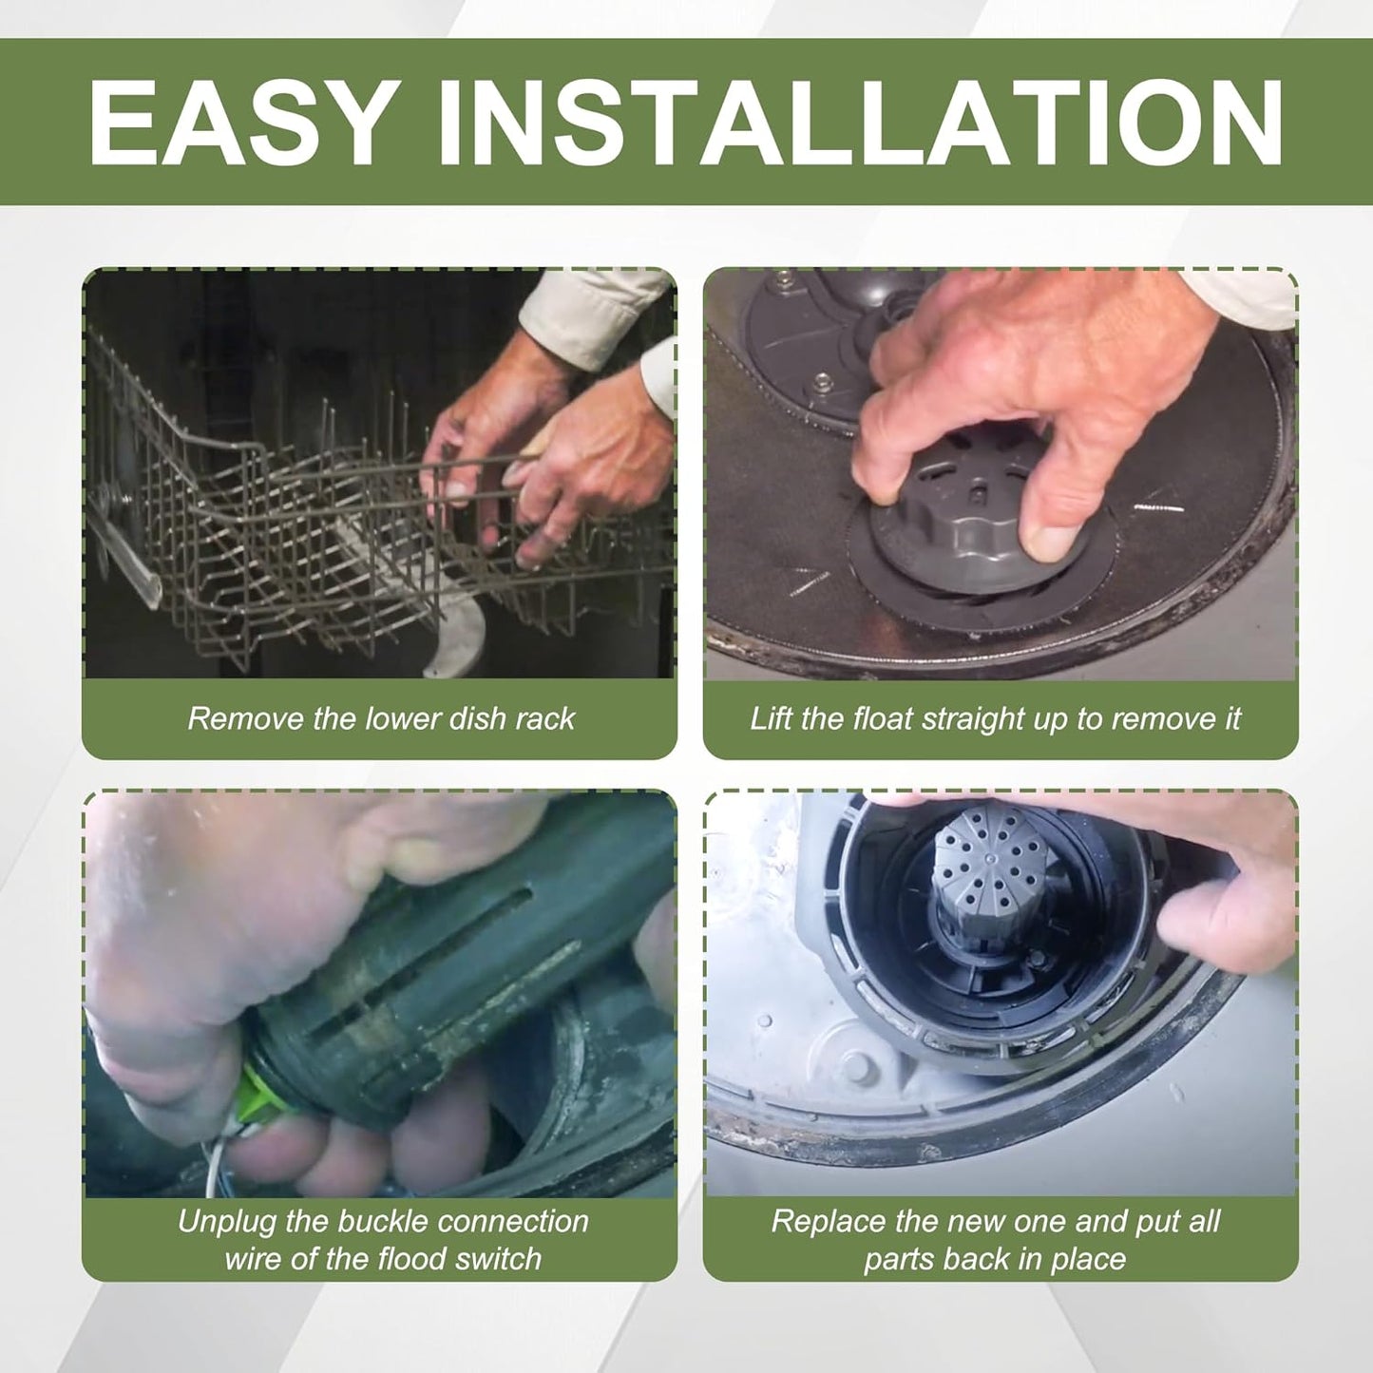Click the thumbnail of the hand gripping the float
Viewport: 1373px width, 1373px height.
[1001, 473]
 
